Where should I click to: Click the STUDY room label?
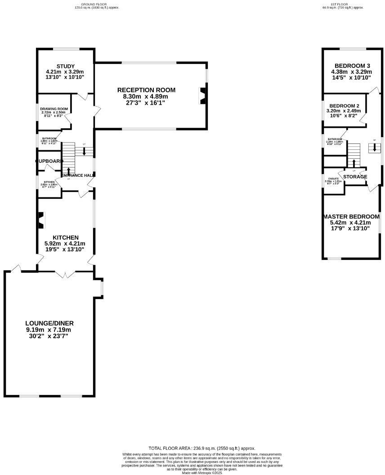click(x=65, y=67)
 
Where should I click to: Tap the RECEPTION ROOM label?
click(x=146, y=90)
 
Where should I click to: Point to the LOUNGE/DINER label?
click(x=49, y=323)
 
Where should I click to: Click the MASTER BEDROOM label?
click(x=351, y=216)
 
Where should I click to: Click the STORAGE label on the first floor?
click(x=355, y=177)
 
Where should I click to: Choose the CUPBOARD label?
click(x=49, y=161)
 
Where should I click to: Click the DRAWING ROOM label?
click(x=54, y=109)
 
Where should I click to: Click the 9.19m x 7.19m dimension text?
click(x=49, y=330)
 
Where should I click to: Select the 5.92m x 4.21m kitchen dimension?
click(x=65, y=243)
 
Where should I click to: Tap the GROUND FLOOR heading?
click(x=97, y=4)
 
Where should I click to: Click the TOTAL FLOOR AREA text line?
click(x=202, y=448)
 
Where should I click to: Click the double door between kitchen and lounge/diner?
click(x=66, y=273)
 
